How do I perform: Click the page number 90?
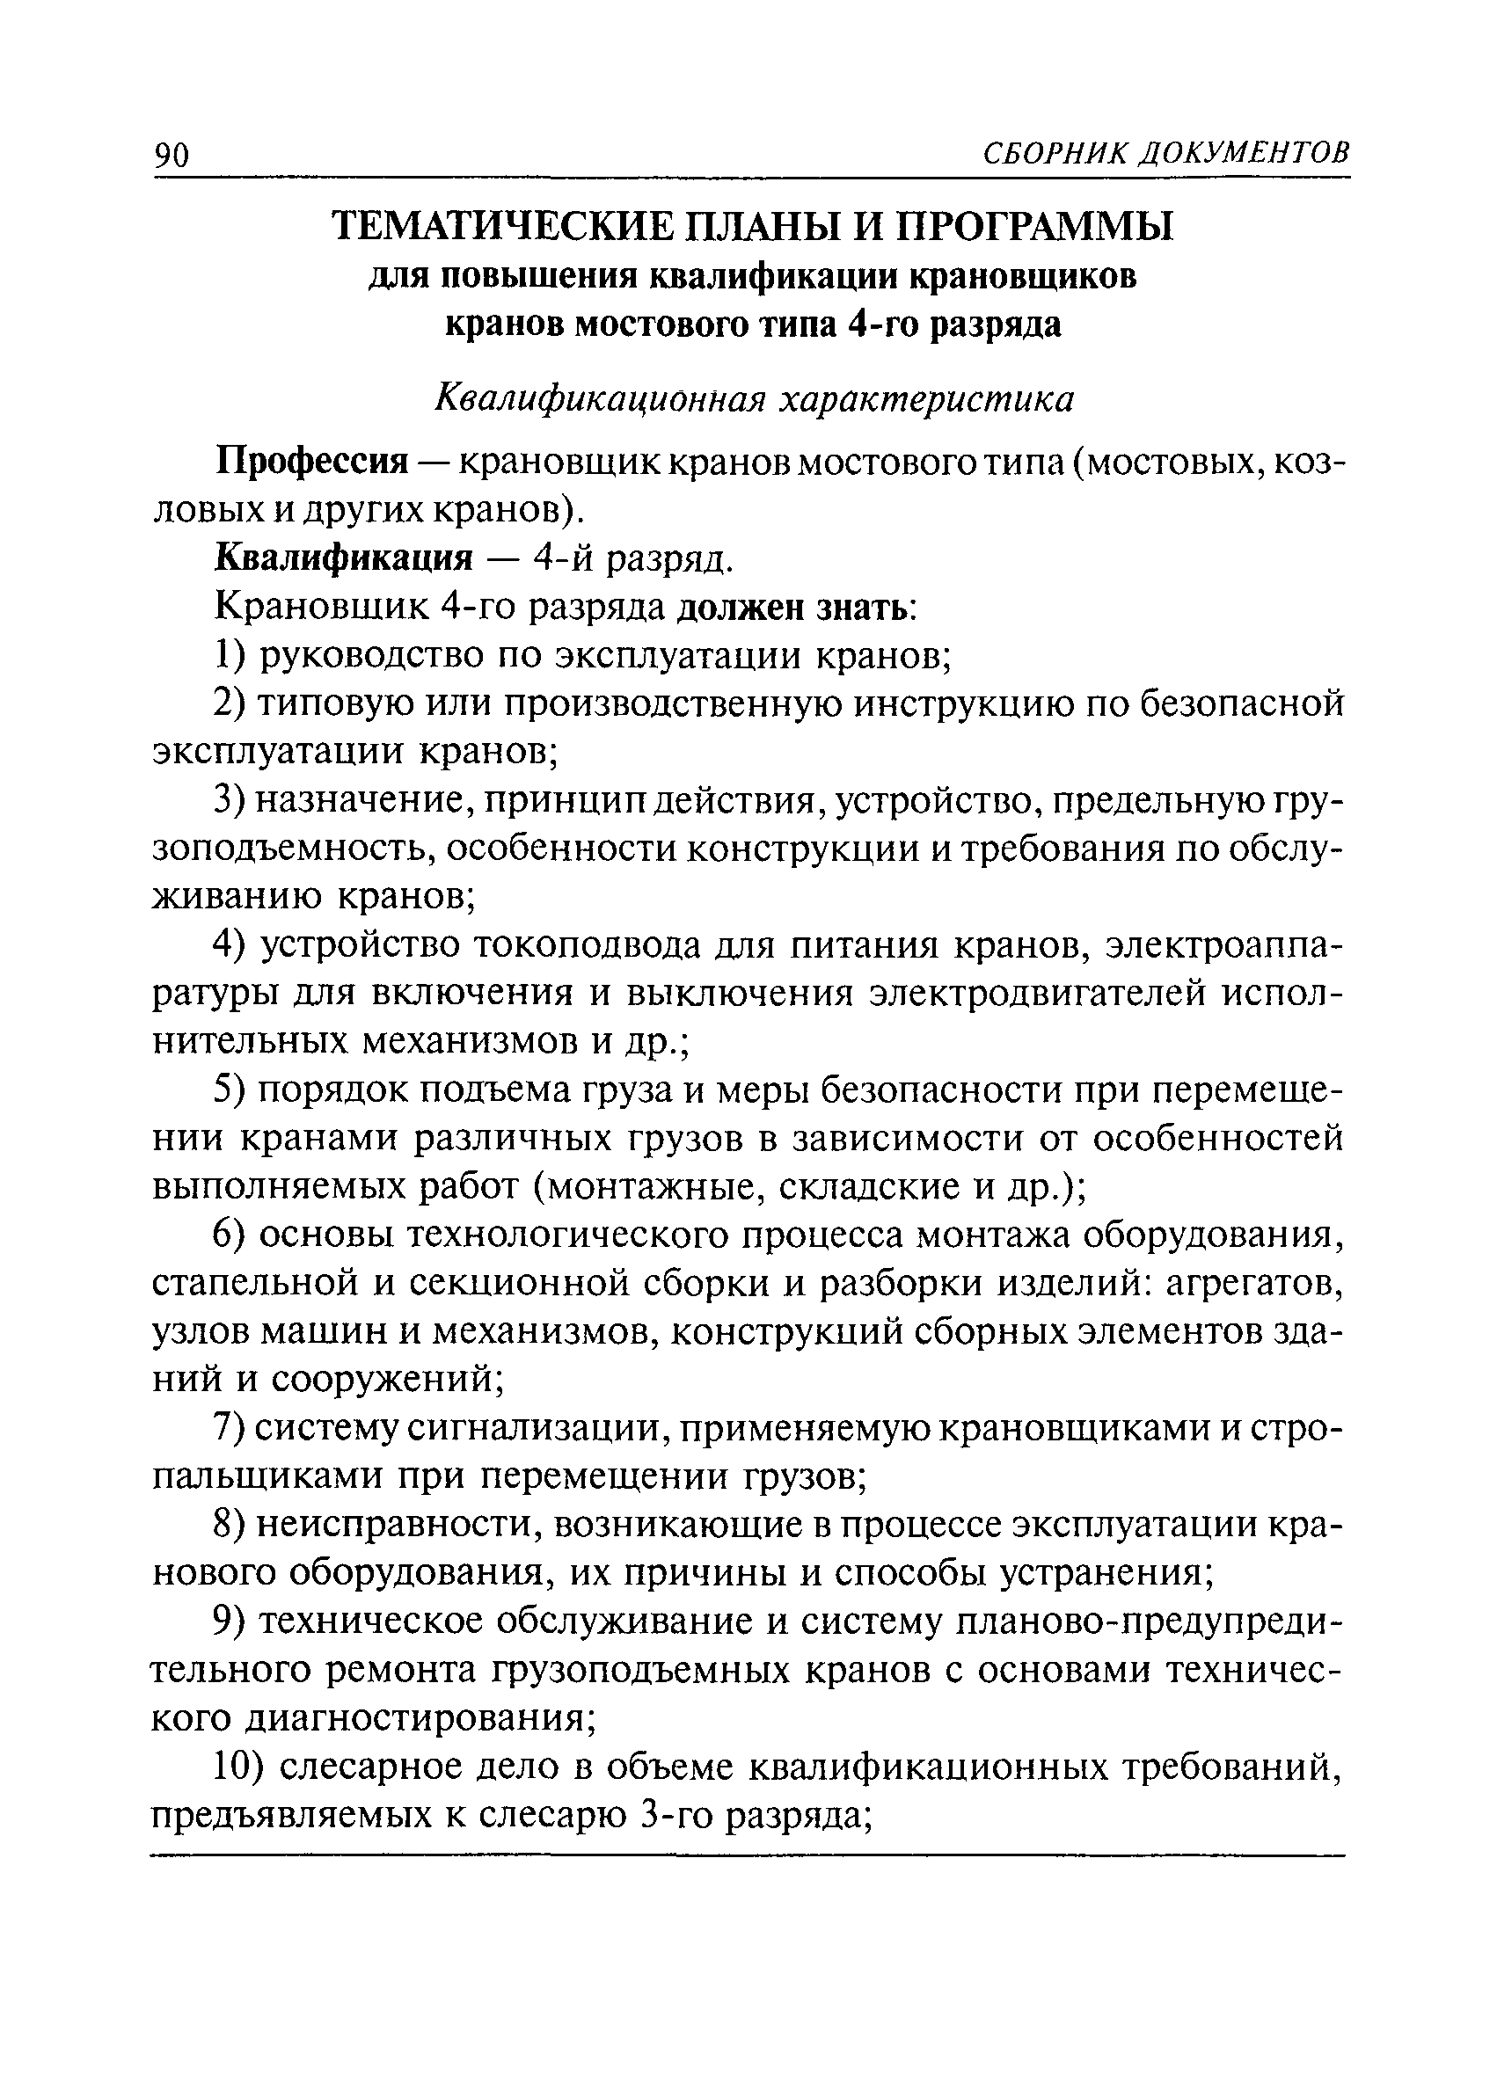click(x=172, y=156)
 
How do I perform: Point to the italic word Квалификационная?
click(x=598, y=399)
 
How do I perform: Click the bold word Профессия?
click(x=311, y=462)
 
